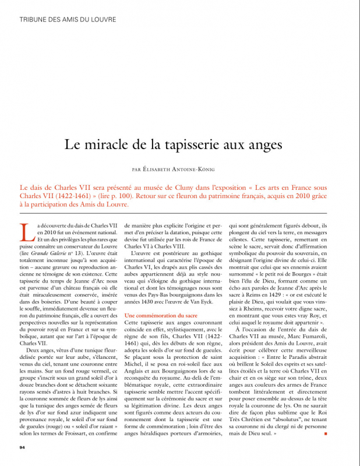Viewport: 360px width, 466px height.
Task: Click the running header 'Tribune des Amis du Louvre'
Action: click(68, 19)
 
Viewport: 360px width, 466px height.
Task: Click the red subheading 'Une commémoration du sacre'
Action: click(157, 315)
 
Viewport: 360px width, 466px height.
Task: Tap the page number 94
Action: click(23, 447)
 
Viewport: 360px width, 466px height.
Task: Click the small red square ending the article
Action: click(326, 435)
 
